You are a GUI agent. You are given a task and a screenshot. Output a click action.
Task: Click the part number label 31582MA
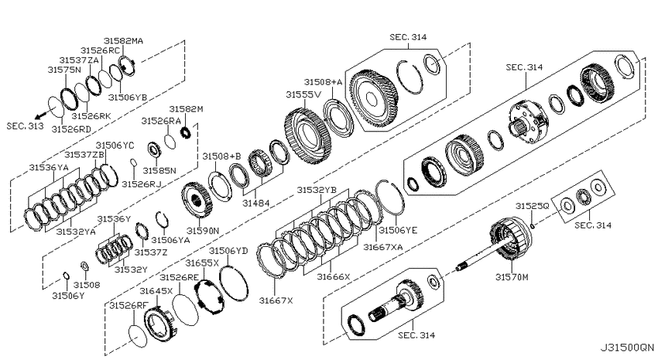123,41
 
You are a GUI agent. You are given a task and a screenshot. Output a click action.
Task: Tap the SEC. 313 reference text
26,126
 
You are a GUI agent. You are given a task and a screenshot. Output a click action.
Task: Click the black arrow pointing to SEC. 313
42,114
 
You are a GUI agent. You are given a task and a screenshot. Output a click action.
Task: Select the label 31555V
303,94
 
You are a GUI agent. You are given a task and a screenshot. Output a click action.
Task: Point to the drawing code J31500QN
627,348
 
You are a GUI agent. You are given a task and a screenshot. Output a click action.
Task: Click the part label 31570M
512,277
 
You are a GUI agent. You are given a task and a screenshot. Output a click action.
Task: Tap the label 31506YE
398,231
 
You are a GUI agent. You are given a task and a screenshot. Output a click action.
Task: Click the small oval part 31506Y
66,276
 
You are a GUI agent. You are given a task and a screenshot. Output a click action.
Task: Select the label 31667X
276,300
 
